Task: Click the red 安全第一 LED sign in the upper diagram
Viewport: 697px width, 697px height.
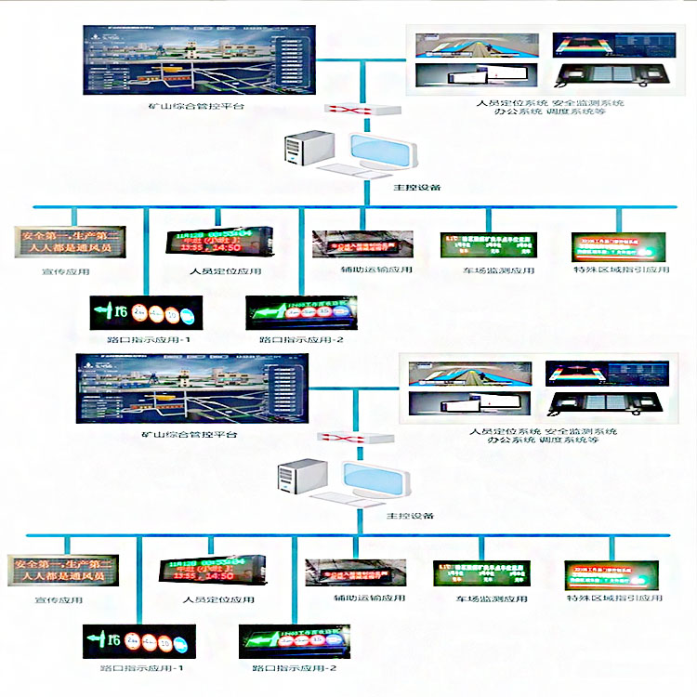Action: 66,243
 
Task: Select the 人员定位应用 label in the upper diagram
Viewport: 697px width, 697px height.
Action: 219,271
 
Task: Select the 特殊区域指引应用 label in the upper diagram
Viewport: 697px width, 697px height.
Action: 621,270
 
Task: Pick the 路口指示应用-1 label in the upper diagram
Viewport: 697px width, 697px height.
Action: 144,341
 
